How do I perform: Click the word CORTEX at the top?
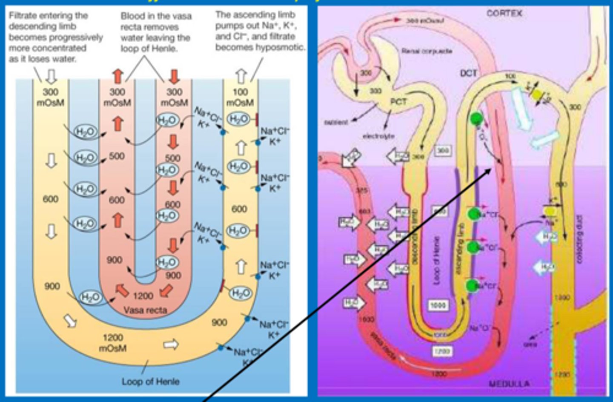click(x=504, y=13)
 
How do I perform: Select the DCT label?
click(x=468, y=73)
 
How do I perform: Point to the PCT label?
click(x=398, y=102)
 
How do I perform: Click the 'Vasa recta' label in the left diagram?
click(x=145, y=310)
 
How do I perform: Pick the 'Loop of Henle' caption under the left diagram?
click(x=150, y=381)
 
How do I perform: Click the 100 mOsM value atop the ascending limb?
click(x=240, y=97)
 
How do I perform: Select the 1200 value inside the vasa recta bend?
click(x=143, y=296)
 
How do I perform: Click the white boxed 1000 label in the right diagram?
click(x=438, y=305)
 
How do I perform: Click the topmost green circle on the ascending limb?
click(x=476, y=119)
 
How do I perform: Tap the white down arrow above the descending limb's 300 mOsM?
click(x=52, y=76)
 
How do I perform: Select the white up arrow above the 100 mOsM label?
click(x=241, y=76)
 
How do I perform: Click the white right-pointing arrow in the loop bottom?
click(x=171, y=344)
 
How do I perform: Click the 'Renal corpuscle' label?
click(x=427, y=51)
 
